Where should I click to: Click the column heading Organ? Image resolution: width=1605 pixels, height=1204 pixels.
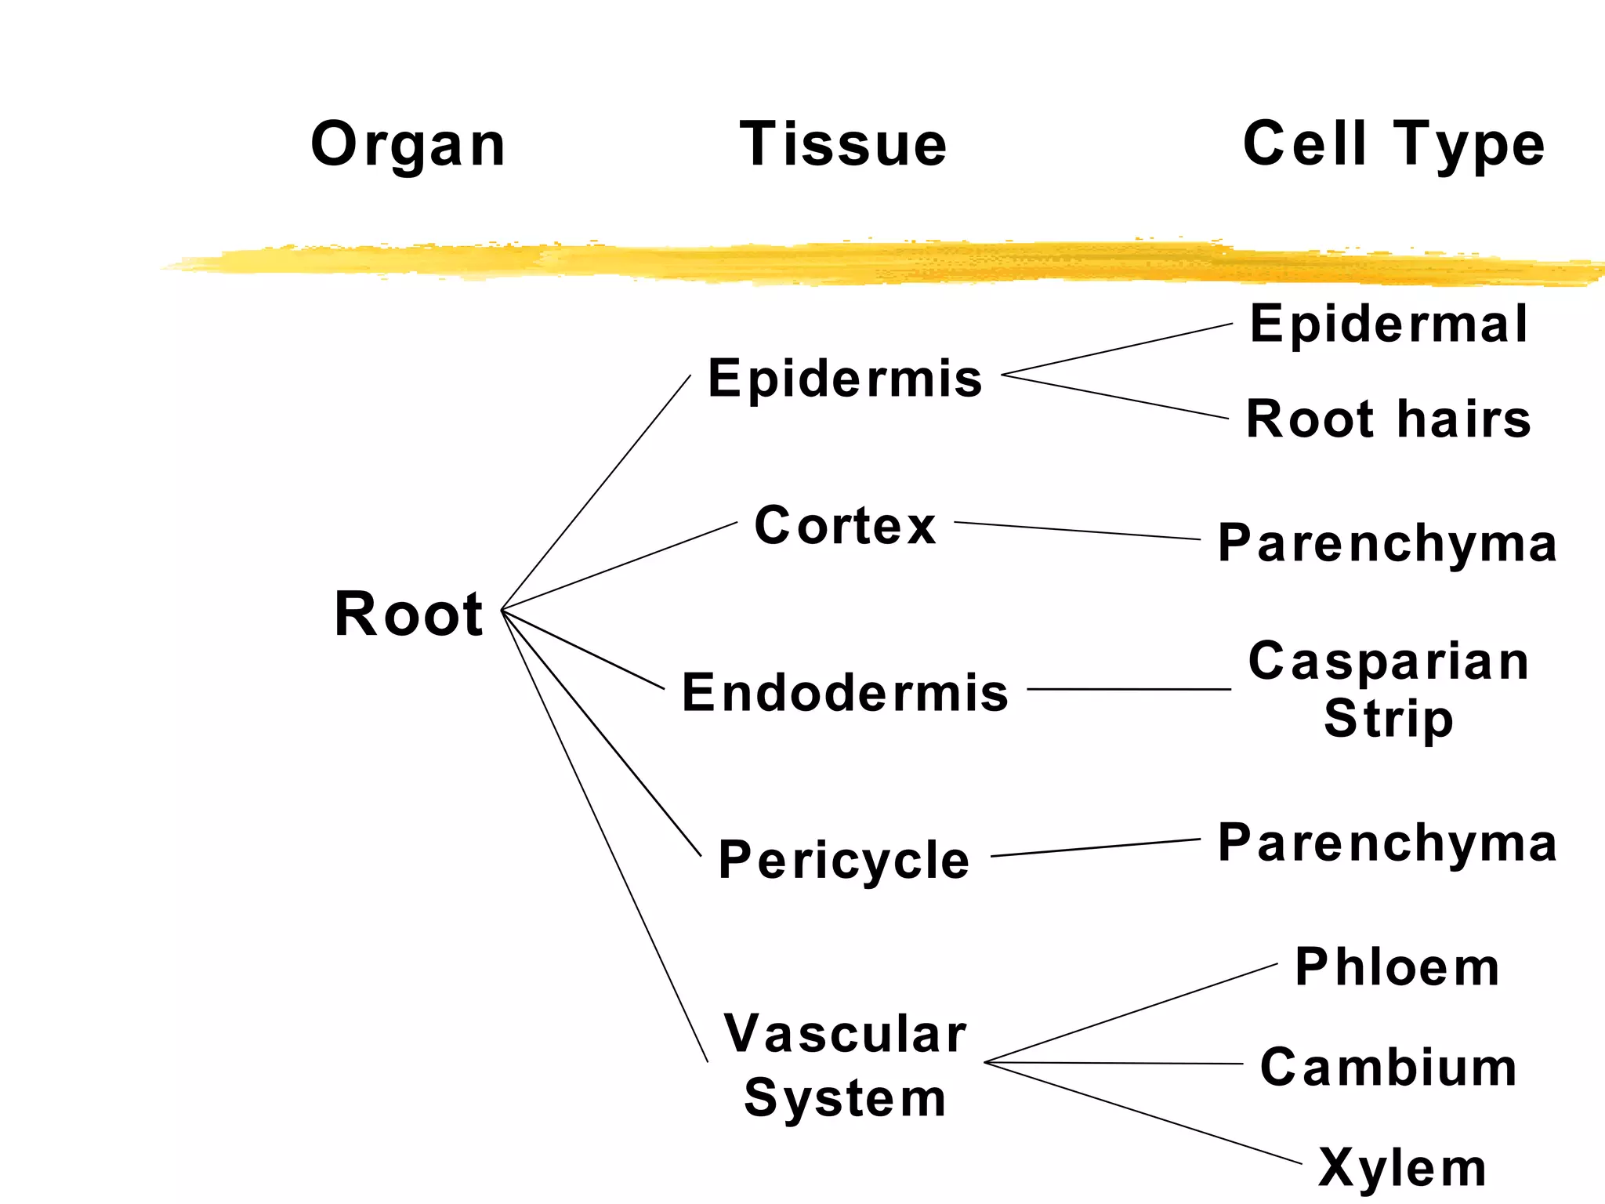pos(408,146)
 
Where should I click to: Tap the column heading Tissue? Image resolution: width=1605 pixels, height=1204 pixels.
pos(843,144)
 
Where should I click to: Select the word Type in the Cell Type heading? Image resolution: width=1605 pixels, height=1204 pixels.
pos(1468,146)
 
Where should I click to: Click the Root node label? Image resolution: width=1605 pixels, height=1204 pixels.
pos(408,614)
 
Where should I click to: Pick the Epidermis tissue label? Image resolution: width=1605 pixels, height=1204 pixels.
pos(845,379)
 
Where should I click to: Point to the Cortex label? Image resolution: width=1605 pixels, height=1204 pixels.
pos(845,525)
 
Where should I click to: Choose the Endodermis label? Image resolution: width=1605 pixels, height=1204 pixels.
pos(845,693)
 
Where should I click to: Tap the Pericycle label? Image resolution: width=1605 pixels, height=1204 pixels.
pos(843,860)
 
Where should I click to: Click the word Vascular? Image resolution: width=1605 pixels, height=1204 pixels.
pos(845,1034)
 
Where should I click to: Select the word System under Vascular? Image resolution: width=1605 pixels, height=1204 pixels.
pos(845,1098)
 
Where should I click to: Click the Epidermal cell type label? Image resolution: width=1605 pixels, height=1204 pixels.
pos(1389,324)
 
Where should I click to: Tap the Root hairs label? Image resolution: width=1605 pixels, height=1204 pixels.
pos(1389,419)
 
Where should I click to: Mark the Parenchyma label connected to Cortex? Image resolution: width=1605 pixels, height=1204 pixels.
pos(1387,543)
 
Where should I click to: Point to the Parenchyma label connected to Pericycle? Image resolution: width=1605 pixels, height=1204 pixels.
pos(1387,843)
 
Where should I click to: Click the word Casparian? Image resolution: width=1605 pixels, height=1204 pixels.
pos(1389,662)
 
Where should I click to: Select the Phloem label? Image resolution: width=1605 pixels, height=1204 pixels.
pos(1397,967)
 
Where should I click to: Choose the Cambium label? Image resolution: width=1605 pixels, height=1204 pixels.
pos(1389,1068)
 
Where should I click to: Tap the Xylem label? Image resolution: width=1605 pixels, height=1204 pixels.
pos(1402,1168)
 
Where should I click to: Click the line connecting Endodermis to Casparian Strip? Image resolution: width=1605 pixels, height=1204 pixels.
pos(1129,689)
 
